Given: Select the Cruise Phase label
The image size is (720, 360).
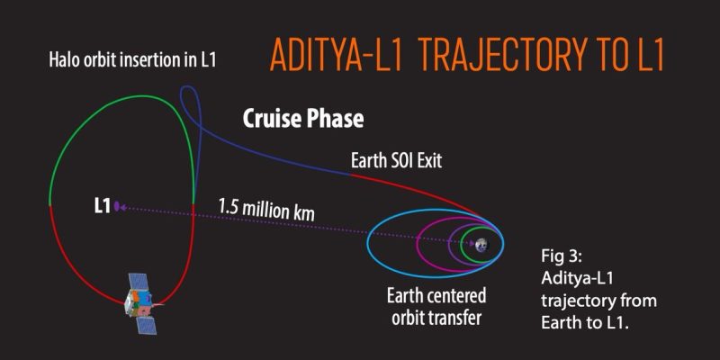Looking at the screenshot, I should click(x=302, y=119).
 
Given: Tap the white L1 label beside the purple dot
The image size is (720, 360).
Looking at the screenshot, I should click(x=102, y=206).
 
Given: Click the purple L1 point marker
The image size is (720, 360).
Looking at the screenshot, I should click(x=118, y=206).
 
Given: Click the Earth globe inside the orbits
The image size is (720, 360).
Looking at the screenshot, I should click(x=481, y=244).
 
